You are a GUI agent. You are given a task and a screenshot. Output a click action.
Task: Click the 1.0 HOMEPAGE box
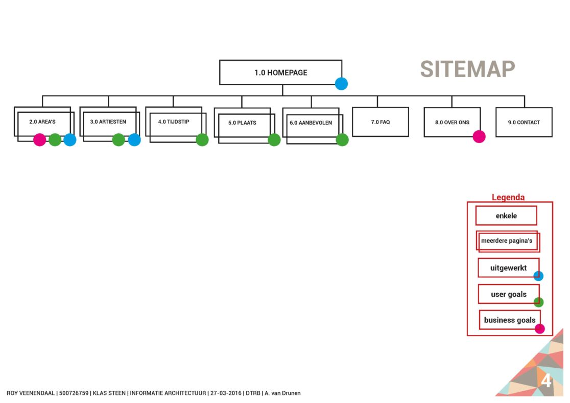[x=280, y=73]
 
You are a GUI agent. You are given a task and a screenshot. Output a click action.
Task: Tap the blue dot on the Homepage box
[x=341, y=84]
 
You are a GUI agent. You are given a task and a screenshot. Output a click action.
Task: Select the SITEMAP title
[x=467, y=69]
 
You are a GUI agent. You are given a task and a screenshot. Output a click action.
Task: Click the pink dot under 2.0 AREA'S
[x=39, y=139]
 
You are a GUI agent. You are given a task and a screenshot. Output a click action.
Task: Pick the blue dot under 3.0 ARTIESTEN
[x=134, y=139]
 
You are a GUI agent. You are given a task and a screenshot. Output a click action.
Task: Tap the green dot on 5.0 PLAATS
[x=274, y=139]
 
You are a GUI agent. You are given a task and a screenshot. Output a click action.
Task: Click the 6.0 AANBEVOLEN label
[x=311, y=123]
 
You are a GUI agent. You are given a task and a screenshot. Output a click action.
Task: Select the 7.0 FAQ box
[x=380, y=122]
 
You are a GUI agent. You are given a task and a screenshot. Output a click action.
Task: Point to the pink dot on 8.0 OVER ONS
[x=479, y=136]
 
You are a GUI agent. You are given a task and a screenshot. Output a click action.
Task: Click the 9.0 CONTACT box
[x=524, y=122]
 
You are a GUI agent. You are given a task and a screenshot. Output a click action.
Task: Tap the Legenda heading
[x=508, y=197]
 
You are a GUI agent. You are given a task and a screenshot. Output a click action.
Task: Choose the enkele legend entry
[x=506, y=216]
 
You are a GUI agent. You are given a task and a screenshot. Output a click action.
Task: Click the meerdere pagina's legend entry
[x=507, y=241]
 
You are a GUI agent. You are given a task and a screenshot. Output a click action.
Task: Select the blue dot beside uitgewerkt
[x=538, y=276]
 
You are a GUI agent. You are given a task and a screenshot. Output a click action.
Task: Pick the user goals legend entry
[x=508, y=294]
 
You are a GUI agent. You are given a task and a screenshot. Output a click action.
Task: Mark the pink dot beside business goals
[x=539, y=328]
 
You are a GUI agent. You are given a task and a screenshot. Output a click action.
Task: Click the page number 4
[x=546, y=381]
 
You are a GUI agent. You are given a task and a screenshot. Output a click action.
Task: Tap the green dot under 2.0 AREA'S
[x=55, y=139]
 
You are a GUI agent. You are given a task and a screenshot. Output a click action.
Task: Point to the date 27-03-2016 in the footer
[x=226, y=393]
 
